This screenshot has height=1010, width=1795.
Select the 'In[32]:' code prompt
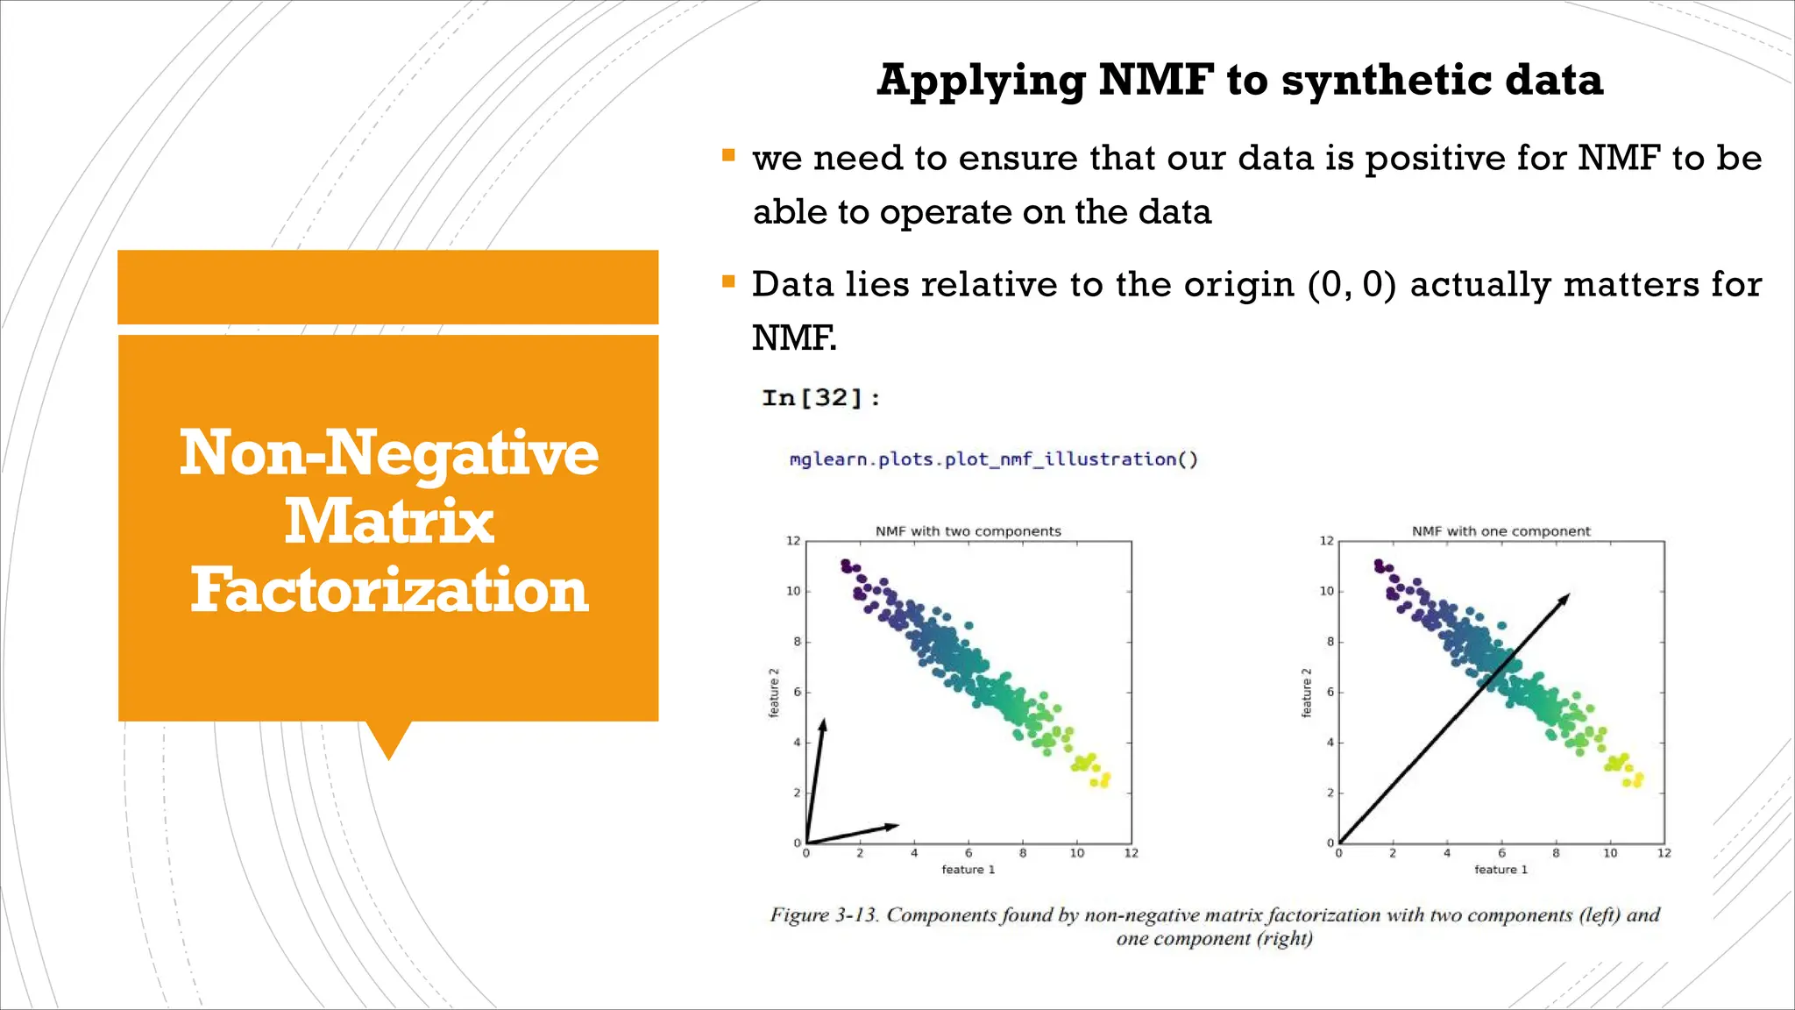coord(820,398)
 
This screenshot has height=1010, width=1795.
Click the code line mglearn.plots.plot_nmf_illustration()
coord(993,459)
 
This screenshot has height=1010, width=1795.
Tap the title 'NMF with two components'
coord(968,531)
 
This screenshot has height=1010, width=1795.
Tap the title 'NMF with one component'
coord(1501,531)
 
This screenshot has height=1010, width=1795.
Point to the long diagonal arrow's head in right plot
coord(1566,597)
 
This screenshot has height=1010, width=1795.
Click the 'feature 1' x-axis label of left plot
coord(968,870)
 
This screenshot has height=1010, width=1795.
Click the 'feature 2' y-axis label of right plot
coord(1307,693)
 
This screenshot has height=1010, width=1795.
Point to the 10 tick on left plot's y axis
coord(793,592)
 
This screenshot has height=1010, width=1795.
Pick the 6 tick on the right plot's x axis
coord(1501,853)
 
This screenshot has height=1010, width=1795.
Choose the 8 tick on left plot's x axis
coord(1023,853)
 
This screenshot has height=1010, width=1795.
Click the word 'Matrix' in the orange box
coord(388,522)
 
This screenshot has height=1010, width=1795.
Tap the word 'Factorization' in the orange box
coord(388,590)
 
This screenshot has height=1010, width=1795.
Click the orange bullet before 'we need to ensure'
coord(728,156)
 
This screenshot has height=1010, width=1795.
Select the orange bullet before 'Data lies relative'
coord(728,282)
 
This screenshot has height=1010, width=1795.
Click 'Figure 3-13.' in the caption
coord(824,915)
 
